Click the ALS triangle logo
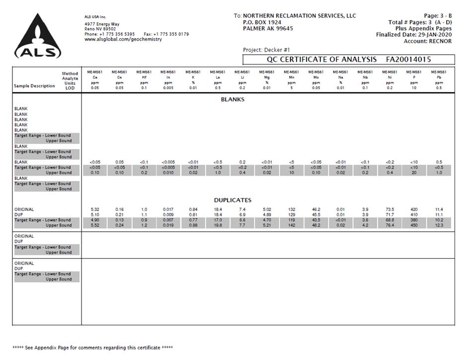[38, 36]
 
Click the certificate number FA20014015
[408, 60]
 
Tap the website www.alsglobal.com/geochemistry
[123, 39]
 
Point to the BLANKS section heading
[232, 99]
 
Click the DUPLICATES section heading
[232, 200]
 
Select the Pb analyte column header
[439, 77]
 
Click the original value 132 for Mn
[292, 209]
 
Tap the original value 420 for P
[414, 209]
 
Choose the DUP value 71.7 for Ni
[390, 215]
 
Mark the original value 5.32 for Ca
[95, 209]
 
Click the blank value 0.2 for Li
[242, 162]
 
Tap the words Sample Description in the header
[34, 86]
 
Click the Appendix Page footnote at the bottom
[92, 348]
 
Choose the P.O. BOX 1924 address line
[262, 22]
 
